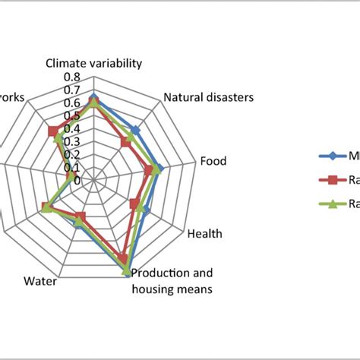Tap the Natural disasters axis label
coord(209,97)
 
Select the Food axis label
coord(213,161)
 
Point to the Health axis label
coord(204,234)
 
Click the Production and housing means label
coord(172,280)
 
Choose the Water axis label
coord(39,282)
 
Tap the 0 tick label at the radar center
coord(77,180)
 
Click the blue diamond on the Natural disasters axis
coord(135,130)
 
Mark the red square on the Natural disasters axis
coord(125,142)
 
